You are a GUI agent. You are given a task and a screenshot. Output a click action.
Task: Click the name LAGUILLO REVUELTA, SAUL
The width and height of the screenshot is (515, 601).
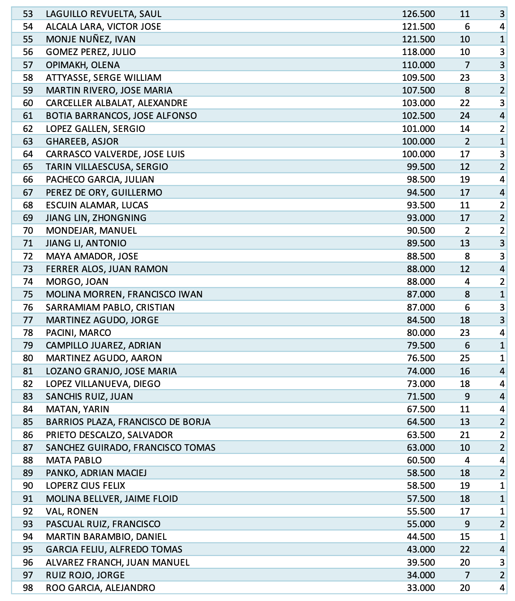click(x=103, y=14)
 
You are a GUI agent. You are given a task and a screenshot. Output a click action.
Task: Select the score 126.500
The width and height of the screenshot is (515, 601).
click(x=418, y=14)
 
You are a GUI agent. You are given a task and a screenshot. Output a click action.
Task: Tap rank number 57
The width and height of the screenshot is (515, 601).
click(x=28, y=65)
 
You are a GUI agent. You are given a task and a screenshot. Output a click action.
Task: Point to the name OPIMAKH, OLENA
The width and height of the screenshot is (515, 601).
click(x=82, y=65)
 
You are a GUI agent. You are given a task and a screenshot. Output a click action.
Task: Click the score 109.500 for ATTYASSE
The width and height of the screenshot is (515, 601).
click(x=418, y=78)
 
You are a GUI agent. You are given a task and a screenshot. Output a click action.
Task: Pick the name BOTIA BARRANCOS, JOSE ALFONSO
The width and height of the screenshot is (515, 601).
click(x=121, y=116)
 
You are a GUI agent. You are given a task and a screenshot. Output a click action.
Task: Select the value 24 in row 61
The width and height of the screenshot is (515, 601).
click(x=464, y=116)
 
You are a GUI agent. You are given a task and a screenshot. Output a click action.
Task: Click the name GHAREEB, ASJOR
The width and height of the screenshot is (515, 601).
click(x=82, y=142)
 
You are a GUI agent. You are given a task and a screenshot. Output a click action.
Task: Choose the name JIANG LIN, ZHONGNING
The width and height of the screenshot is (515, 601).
click(x=96, y=218)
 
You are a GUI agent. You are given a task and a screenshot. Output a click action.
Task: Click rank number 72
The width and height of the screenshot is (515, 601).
click(x=28, y=256)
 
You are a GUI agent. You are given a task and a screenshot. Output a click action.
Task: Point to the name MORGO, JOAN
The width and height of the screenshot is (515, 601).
click(x=77, y=282)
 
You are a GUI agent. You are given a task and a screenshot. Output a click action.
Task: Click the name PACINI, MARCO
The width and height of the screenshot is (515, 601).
click(x=79, y=333)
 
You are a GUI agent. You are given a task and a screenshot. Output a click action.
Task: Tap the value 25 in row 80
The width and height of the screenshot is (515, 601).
click(x=464, y=358)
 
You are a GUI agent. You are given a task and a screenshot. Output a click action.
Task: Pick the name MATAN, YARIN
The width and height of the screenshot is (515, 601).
click(x=77, y=409)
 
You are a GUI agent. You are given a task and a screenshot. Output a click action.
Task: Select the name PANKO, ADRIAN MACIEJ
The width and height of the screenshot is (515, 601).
click(x=96, y=473)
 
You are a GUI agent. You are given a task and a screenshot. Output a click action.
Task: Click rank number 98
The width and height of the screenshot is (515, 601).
click(x=28, y=588)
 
